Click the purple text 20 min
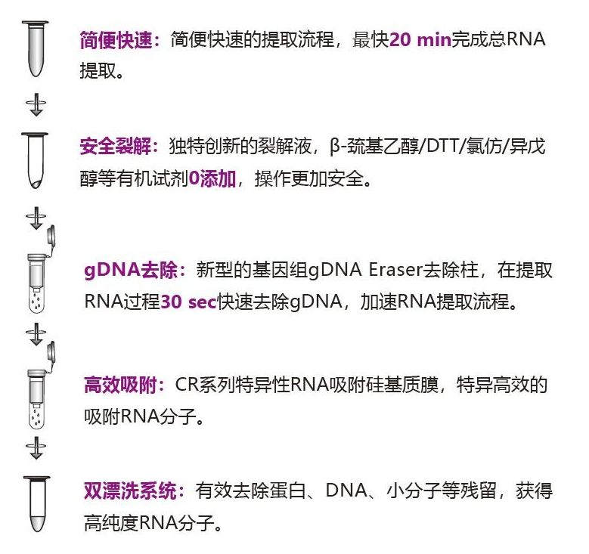[x=420, y=40]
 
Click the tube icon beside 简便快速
[x=36, y=49]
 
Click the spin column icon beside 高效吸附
[x=37, y=393]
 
